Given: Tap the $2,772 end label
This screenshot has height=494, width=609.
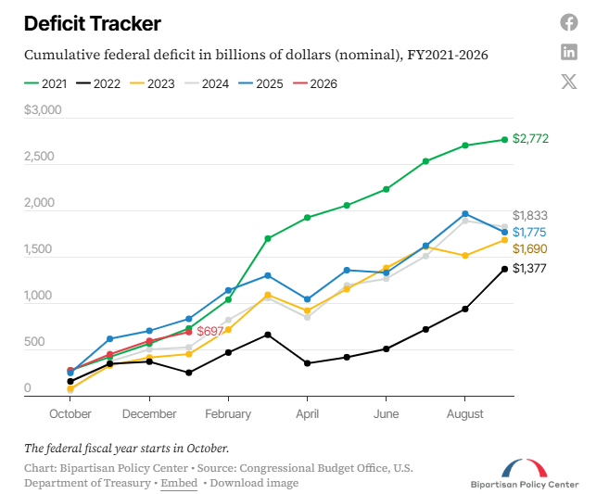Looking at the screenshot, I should point(530,139).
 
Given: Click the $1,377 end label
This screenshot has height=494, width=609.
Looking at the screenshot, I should point(530,268).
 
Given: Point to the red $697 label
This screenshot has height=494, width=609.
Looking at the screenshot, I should point(211,331).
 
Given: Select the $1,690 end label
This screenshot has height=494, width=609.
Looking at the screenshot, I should point(530,248).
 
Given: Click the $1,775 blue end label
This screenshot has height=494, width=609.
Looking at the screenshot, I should point(530,232).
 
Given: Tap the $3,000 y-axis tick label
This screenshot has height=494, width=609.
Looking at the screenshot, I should point(43,110).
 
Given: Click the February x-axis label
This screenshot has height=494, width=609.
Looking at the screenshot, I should point(228,414).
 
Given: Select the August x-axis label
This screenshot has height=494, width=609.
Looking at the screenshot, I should point(465,414).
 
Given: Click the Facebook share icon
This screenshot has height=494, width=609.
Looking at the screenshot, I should point(569,22).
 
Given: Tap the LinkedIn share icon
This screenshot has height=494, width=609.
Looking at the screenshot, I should point(569,52).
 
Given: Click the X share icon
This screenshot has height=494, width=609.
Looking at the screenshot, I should point(569,81).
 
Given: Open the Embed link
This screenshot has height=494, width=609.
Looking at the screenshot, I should point(178,483).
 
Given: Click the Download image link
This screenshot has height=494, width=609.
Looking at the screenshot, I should point(254,483).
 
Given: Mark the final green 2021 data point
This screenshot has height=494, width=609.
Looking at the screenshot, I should point(504,140).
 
